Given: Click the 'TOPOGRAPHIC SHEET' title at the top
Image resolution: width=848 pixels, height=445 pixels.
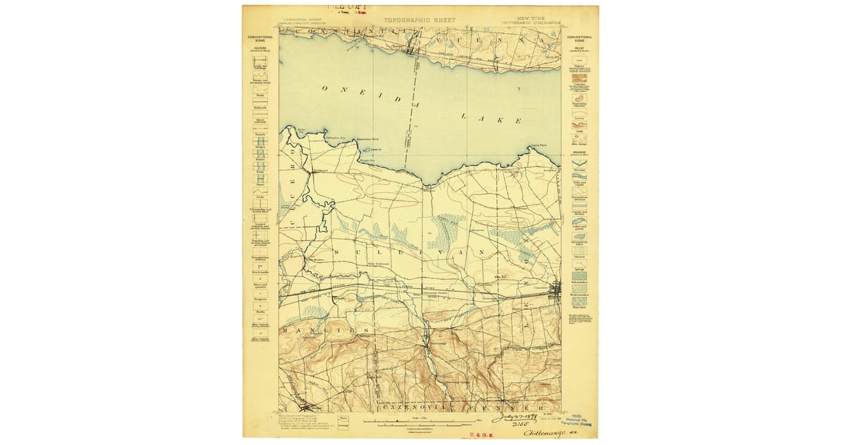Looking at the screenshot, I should (420, 20).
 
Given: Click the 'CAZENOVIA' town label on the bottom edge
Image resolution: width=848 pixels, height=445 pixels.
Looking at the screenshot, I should (402, 408).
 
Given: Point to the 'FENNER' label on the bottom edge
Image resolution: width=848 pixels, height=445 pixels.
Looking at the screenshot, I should (519, 408).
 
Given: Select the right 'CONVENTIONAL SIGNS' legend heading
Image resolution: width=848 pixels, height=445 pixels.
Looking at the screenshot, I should (579, 39).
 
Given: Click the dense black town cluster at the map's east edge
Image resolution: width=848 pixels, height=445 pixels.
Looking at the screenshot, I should (556, 288).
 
